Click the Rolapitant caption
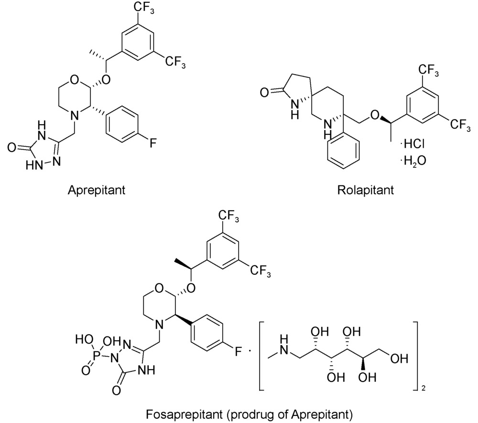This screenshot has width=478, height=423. pos(366,190)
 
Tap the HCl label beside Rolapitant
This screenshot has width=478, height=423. pos(413,143)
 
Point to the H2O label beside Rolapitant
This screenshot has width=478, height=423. pos(413,161)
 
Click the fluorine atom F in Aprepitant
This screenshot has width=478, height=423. pos(153,142)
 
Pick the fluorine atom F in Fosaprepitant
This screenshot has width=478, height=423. pos(238,352)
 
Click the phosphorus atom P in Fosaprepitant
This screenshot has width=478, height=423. pos(97,355)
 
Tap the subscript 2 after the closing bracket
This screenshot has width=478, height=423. pos(424,389)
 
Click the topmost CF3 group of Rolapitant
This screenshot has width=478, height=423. pos(429,70)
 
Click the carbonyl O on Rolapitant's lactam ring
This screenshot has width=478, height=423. pos(265,92)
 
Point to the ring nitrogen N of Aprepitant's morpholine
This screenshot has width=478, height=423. pos(75,116)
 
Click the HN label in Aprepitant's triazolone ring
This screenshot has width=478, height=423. pos(33,165)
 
